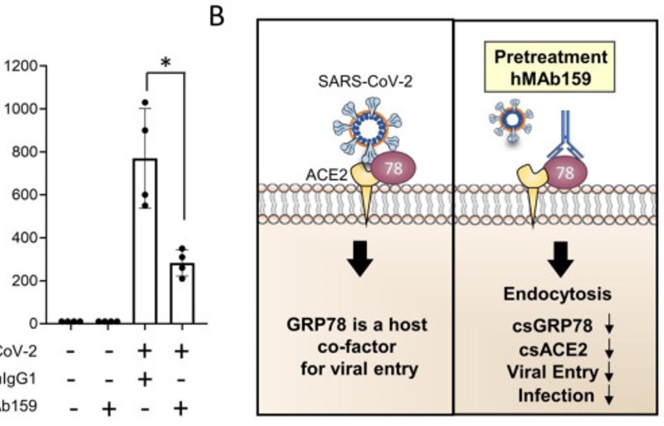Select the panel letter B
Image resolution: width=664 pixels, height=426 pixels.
[217, 17]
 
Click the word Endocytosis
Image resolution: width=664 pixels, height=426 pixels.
[559, 294]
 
